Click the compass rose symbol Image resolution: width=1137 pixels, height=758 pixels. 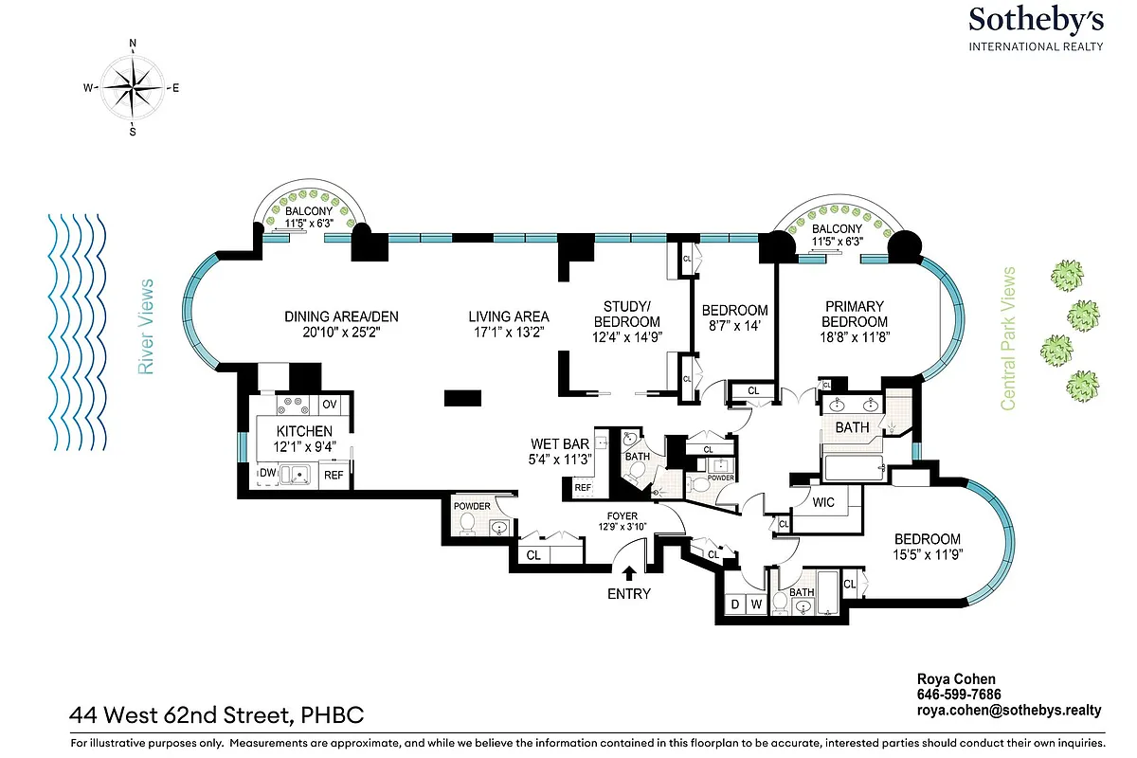[x=133, y=86]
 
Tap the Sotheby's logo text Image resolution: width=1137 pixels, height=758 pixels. [x=1035, y=21]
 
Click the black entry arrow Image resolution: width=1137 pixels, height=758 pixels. [x=628, y=571]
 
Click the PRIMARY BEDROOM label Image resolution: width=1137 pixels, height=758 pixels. [x=854, y=314]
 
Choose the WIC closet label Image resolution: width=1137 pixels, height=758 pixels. [x=823, y=502]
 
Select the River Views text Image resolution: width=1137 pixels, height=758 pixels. [x=146, y=327]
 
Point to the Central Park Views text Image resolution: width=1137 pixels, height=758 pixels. [x=1008, y=338]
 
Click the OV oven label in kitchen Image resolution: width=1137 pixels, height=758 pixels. [x=330, y=405]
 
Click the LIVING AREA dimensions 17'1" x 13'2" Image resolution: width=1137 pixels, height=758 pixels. [x=509, y=333]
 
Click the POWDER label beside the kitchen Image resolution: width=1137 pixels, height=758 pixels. [x=472, y=506]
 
